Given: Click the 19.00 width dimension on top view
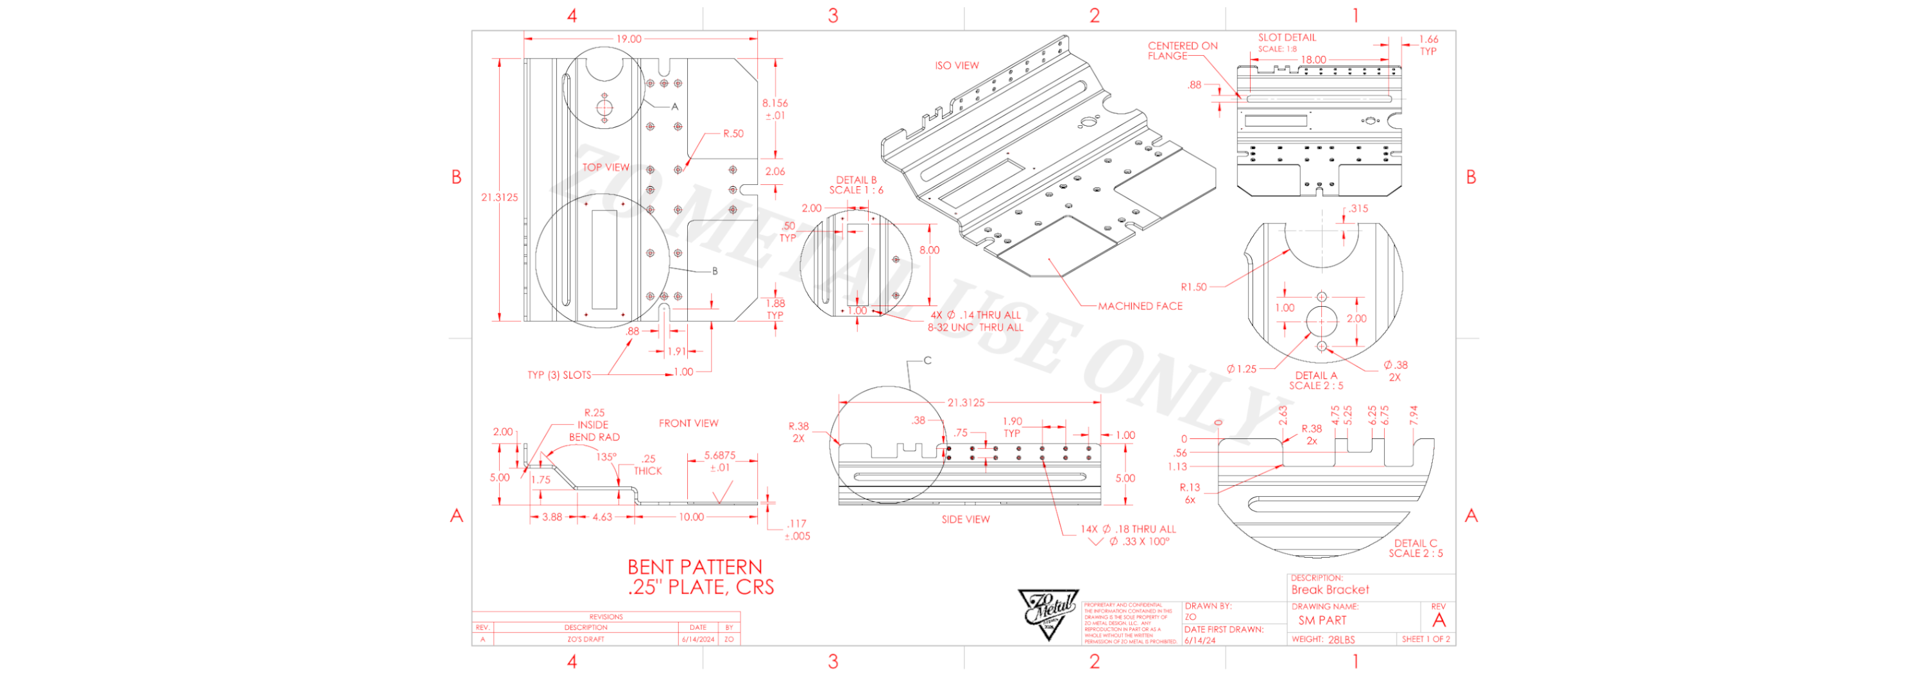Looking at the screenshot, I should pos(628,39).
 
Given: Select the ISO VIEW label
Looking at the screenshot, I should pos(957,65).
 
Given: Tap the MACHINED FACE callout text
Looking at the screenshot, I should pos(1140,306).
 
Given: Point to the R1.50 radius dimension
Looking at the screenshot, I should pos(1193,287).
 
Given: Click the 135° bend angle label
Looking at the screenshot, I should pos(606,457).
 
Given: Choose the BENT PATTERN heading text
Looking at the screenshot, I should pos(695,567).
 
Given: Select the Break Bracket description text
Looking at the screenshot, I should pos(1330,590).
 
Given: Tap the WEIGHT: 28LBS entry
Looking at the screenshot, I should pos(1322,640).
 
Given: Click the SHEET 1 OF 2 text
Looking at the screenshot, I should pos(1426,639).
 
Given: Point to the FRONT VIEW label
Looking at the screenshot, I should pos(689,423).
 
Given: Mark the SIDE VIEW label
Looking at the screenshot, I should pos(966,519).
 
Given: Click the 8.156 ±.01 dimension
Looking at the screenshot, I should pos(775,109).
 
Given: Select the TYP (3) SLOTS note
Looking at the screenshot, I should pos(559,375).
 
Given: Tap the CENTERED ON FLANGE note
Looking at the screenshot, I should pos(1182,51).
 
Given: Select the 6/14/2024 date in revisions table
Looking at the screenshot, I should pos(698,640).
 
